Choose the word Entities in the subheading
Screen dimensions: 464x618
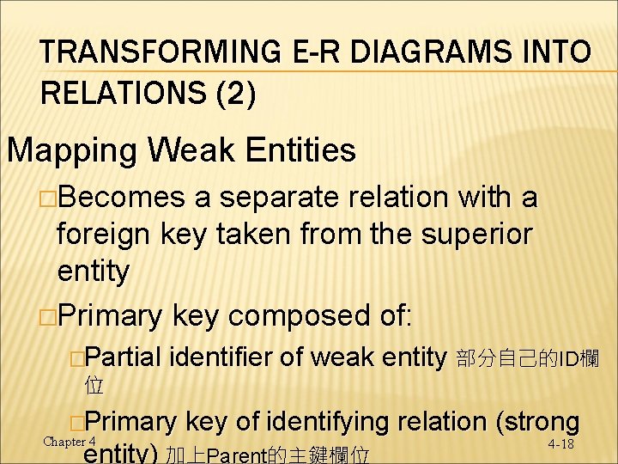(295, 150)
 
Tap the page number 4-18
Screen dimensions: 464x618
(560, 444)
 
